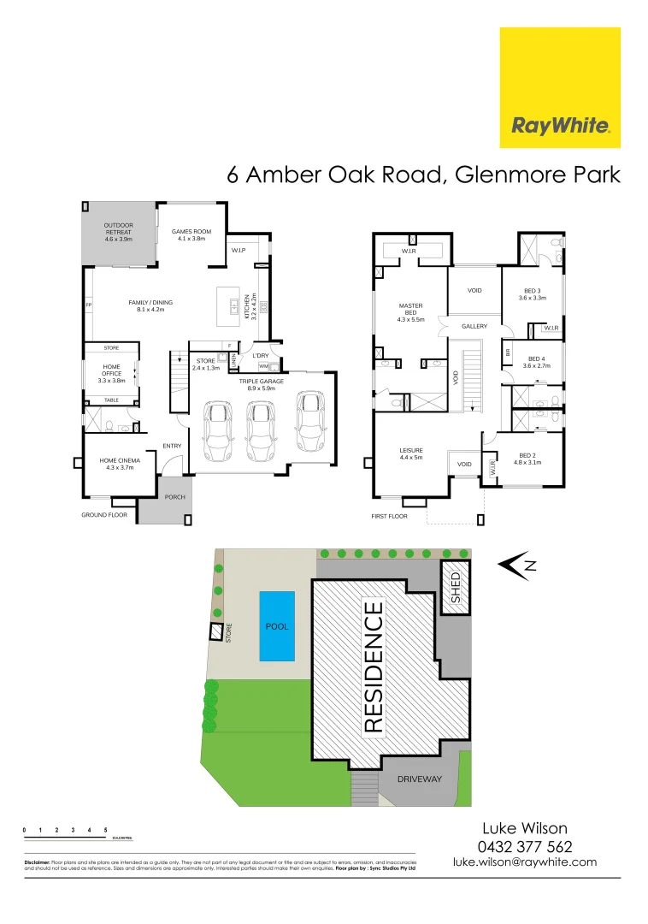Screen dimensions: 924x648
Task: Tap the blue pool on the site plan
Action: point(277,625)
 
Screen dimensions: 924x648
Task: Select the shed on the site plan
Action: point(455,587)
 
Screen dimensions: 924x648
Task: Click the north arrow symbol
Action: point(515,565)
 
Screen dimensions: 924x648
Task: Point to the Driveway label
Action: point(420,779)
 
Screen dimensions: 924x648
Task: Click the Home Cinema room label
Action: point(120,462)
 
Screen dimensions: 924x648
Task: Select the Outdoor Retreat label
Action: point(119,232)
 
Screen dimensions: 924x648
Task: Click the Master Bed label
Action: point(411,312)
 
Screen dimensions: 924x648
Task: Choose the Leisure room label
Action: point(411,453)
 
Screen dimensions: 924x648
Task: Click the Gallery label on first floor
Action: point(474,327)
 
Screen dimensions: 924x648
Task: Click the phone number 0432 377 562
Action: point(525,846)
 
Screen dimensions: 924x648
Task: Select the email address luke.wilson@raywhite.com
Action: point(525,862)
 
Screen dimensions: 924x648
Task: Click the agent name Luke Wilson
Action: point(525,828)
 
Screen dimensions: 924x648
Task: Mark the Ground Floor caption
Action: point(104,515)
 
